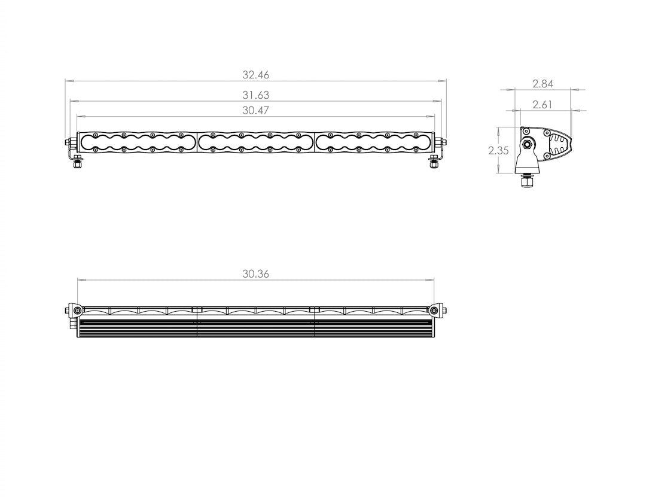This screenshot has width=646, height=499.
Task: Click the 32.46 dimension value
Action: [x=256, y=75]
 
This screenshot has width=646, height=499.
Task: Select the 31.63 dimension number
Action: [x=256, y=95]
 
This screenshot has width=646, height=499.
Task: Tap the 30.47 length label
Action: [x=256, y=110]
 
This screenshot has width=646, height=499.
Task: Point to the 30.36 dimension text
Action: [x=256, y=274]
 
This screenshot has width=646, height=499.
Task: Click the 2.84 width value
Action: [x=543, y=84]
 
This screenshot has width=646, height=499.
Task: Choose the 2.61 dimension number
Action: [x=543, y=105]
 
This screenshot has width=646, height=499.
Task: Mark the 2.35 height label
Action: [x=498, y=151]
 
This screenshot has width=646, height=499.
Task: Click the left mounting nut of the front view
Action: [x=77, y=166]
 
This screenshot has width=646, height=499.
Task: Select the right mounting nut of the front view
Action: [x=434, y=165]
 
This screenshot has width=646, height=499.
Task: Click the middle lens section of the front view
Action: [x=255, y=142]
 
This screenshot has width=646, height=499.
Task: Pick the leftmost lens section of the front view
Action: [x=138, y=142]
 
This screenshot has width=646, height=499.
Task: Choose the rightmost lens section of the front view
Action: [x=373, y=142]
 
